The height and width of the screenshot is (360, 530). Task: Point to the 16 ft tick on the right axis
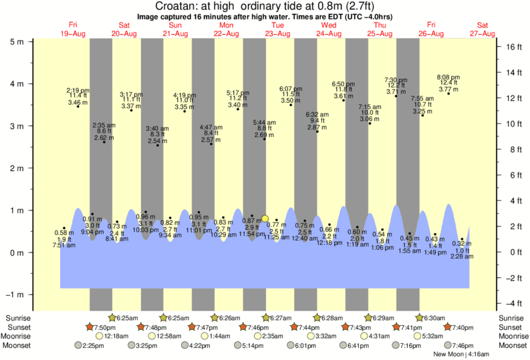[x=512, y=47]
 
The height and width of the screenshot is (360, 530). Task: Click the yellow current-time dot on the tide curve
[x=265, y=218]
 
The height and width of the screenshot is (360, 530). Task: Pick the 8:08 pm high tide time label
[x=448, y=77]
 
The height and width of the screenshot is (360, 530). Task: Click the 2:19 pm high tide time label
[x=78, y=90]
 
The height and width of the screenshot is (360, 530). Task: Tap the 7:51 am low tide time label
[x=65, y=246]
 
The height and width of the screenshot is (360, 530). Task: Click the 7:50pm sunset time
[x=106, y=327]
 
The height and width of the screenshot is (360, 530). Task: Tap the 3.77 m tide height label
[x=448, y=89]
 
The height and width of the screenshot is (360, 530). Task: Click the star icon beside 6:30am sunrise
[x=420, y=317]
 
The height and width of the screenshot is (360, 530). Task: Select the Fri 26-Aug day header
[x=431, y=29]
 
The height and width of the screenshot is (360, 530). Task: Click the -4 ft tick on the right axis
[x=512, y=303]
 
